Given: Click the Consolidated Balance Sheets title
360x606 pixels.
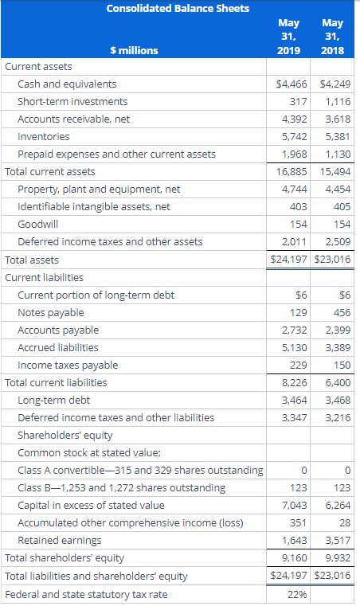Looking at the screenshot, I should click(178, 9).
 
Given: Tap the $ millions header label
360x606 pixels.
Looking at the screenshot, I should click(134, 50).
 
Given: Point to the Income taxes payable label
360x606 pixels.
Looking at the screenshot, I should click(67, 365).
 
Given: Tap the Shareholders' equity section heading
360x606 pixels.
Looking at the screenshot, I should click(65, 435).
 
